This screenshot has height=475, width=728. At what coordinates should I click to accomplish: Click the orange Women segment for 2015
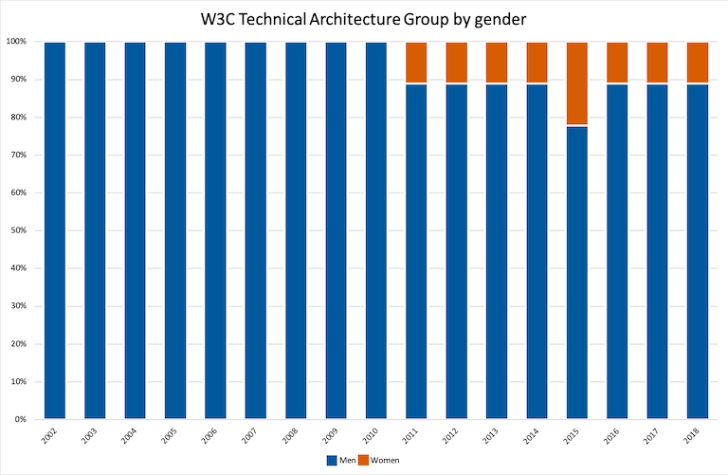tap(577, 83)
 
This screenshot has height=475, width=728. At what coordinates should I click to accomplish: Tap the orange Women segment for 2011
tap(416, 63)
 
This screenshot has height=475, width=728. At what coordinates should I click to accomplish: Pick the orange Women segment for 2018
tap(698, 63)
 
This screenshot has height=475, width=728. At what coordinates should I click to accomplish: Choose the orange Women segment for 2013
tap(497, 63)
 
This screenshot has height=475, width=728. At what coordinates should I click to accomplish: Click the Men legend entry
tap(337, 461)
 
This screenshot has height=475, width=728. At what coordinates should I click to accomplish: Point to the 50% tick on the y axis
tap(17, 230)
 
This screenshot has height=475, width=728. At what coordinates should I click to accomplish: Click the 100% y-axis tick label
tap(15, 42)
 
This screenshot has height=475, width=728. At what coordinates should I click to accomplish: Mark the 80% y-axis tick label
tap(17, 118)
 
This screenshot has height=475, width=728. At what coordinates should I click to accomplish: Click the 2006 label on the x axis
tap(214, 436)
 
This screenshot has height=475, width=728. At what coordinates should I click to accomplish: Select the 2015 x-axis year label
tap(575, 436)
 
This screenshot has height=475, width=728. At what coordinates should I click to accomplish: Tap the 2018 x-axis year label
tap(696, 436)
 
